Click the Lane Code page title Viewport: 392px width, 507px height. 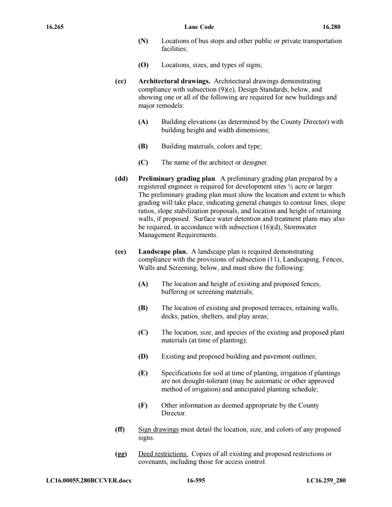(x=196, y=27)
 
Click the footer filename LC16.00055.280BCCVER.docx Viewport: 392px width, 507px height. (x=85, y=481)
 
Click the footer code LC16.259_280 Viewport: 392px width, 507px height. (x=326, y=481)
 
